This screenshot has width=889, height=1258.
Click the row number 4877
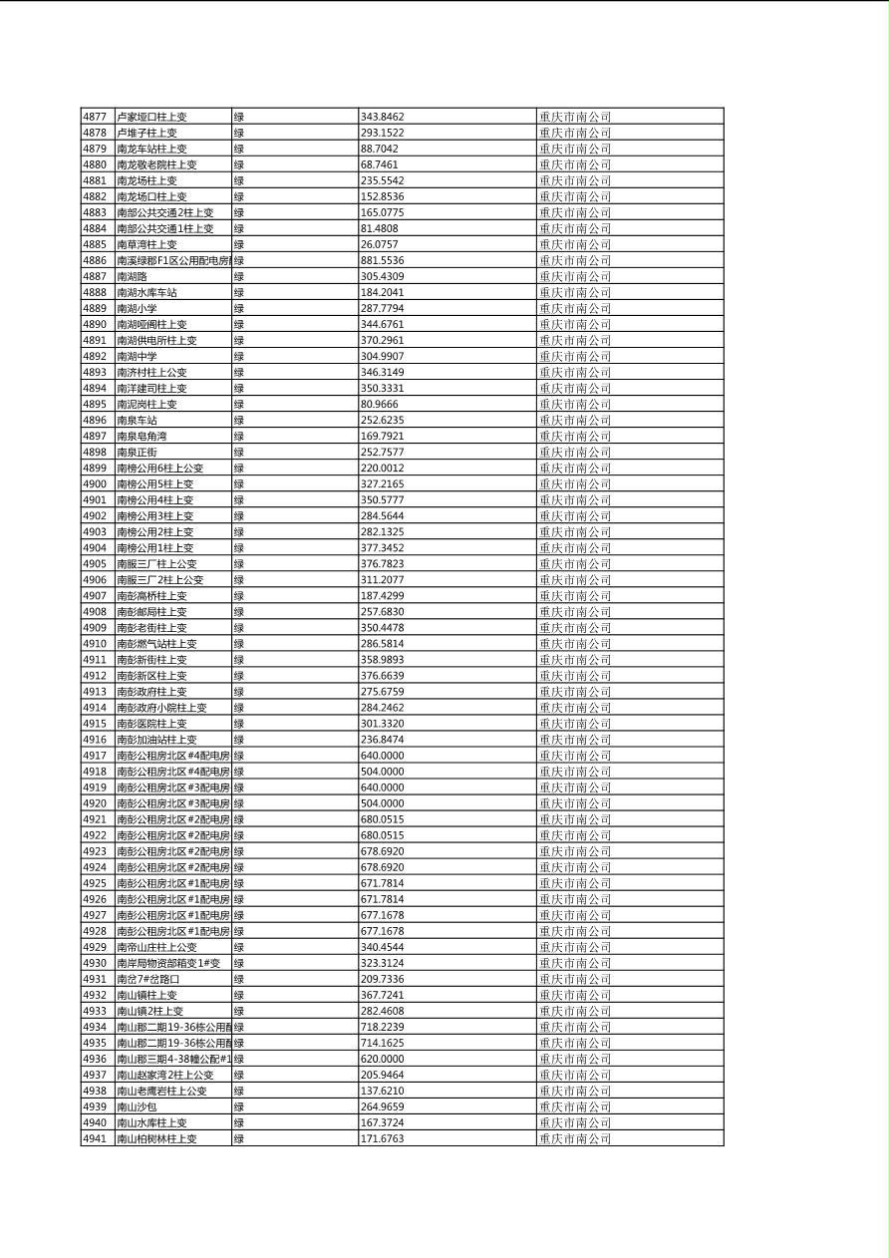pyautogui.click(x=95, y=117)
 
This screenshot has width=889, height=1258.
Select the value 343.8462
pyautogui.click(x=383, y=117)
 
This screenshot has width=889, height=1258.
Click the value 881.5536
pyautogui.click(x=383, y=260)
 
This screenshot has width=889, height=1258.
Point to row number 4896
pyautogui.click(x=95, y=420)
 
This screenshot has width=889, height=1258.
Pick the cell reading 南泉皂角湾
pyautogui.click(x=143, y=436)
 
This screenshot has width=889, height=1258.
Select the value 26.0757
pyautogui.click(x=380, y=244)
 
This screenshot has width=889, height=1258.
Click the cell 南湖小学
pyautogui.click(x=138, y=308)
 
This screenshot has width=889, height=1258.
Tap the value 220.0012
pyautogui.click(x=383, y=468)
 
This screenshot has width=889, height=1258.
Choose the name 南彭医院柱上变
pyautogui.click(x=152, y=724)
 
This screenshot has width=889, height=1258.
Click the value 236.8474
pyautogui.click(x=383, y=740)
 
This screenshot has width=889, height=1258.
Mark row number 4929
pyautogui.click(x=95, y=947)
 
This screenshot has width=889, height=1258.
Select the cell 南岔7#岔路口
pyautogui.click(x=148, y=979)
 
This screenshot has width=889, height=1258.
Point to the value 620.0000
pyautogui.click(x=383, y=1059)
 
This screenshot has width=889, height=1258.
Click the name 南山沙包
pyautogui.click(x=138, y=1106)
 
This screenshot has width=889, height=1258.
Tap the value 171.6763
pyautogui.click(x=383, y=1138)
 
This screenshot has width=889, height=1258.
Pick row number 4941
pyautogui.click(x=95, y=1138)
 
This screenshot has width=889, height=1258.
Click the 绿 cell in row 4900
pyautogui.click(x=239, y=483)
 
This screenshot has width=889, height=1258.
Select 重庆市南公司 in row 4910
pyautogui.click(x=575, y=644)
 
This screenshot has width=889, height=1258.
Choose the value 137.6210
pyautogui.click(x=383, y=1091)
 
